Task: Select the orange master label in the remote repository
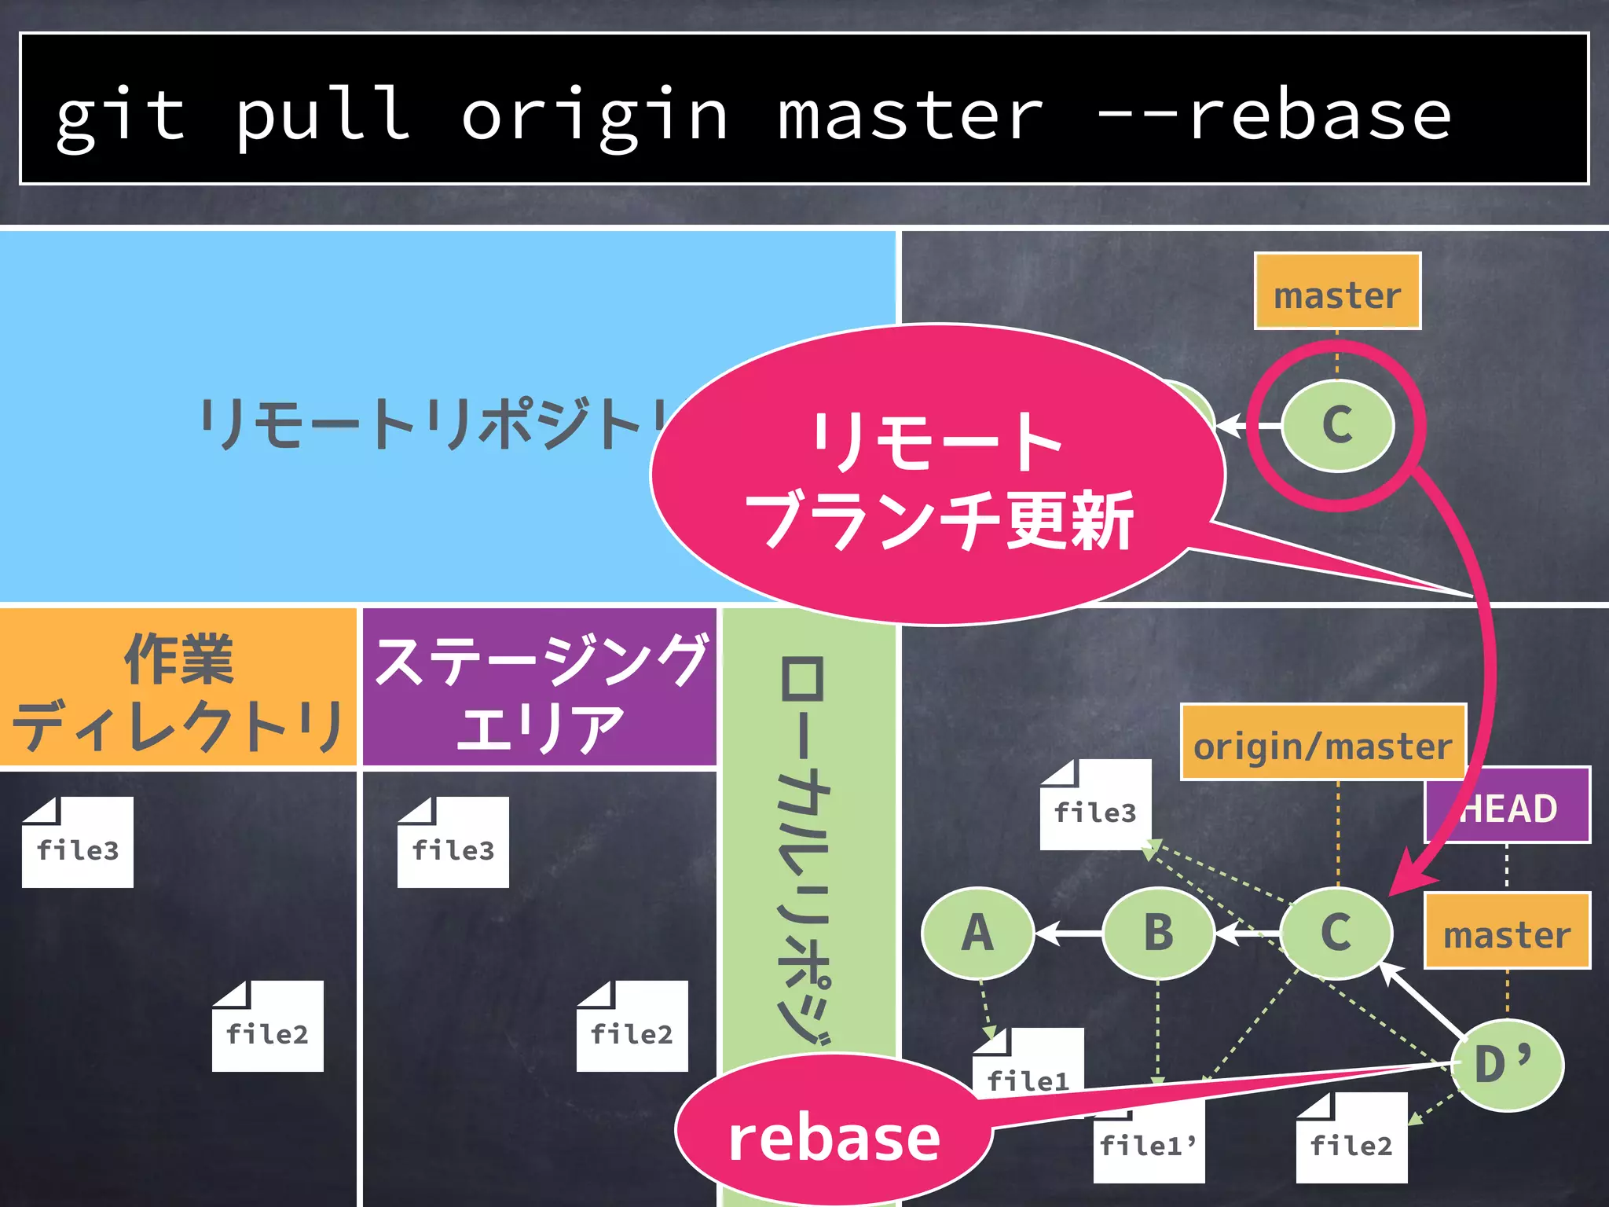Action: click(1337, 292)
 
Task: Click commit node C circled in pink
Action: click(1337, 425)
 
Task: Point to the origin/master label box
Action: click(1323, 743)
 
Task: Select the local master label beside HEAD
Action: click(1507, 932)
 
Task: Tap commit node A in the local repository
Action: click(977, 934)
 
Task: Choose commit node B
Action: click(1158, 934)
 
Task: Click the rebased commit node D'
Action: click(1505, 1066)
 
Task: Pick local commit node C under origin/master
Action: click(1336, 934)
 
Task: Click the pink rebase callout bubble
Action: click(833, 1138)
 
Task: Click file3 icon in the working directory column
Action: click(78, 844)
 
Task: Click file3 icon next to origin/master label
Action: click(1095, 806)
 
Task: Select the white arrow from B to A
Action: click(1068, 934)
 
